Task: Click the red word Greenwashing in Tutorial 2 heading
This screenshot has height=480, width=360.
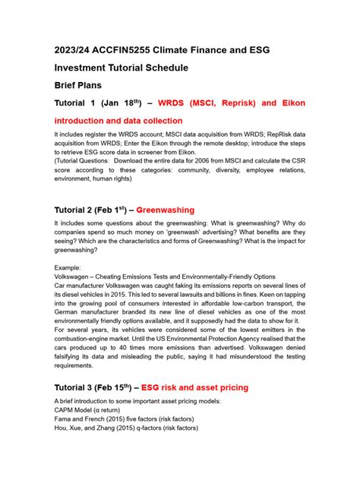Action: coord(165,210)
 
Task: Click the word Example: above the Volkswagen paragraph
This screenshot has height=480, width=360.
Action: coord(72,268)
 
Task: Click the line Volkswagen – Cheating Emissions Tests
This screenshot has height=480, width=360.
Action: coord(165,277)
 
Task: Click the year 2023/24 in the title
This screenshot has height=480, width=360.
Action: coord(78,50)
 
